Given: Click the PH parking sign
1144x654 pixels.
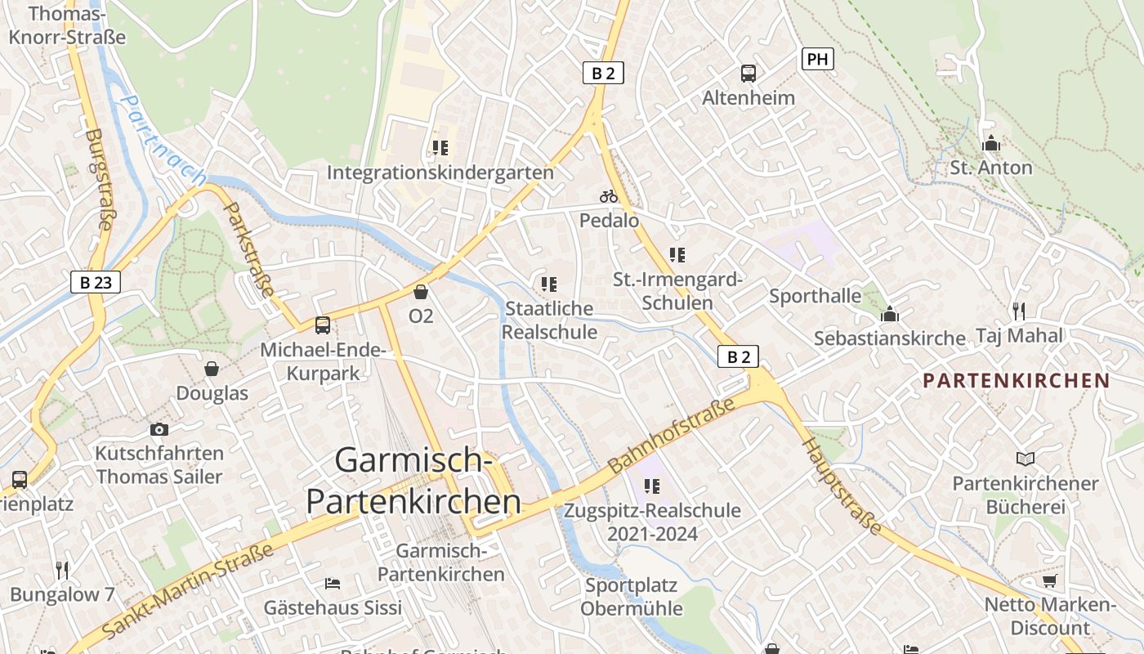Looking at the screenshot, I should pos(817,59).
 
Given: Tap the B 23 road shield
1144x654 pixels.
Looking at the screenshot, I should pos(96,283).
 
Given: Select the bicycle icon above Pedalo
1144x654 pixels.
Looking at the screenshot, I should pos(609,196).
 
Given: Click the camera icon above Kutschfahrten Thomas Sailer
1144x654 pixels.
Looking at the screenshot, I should pos(159,429).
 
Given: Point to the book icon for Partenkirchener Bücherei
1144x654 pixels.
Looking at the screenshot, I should pos(1026,459).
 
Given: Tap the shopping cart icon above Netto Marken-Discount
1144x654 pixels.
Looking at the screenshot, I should pos(1050,580).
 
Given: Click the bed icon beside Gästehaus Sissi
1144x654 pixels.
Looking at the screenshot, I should pos(333,584).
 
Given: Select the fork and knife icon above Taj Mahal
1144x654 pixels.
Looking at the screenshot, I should pos(1018,311).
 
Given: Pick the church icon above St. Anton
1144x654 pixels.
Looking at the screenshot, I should pos(991,143).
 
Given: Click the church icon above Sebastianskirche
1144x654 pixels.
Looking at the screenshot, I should pos(890,314).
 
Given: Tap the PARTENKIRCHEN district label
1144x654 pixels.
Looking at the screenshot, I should pos(1017,380).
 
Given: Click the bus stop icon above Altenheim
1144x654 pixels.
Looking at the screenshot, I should pos(749,74).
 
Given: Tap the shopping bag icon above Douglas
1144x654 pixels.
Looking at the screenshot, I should pos(212,369).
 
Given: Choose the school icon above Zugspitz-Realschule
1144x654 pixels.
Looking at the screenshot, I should pos(651,486).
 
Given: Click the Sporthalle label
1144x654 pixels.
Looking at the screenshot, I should pos(815,295).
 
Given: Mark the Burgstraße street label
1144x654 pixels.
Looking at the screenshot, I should pos(98,180).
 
